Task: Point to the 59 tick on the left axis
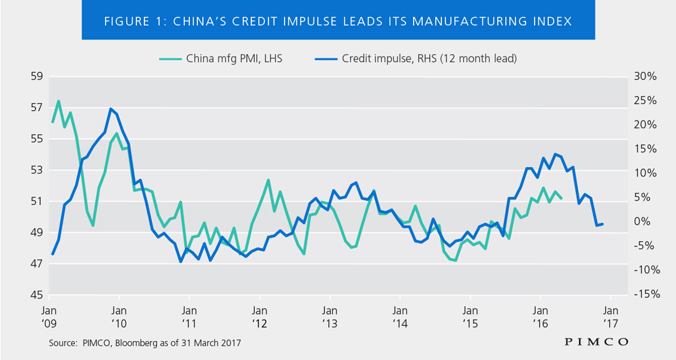[x=36, y=77]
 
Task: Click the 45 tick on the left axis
[x=36, y=295]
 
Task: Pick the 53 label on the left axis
[x=36, y=170]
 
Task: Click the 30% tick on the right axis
[x=647, y=77]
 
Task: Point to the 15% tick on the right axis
[x=647, y=149]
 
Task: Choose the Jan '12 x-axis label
[x=259, y=316]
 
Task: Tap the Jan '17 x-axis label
[x=610, y=316]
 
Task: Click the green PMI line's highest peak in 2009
[x=58, y=101]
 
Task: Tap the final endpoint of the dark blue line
[x=603, y=224]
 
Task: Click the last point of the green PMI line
[x=561, y=198]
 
